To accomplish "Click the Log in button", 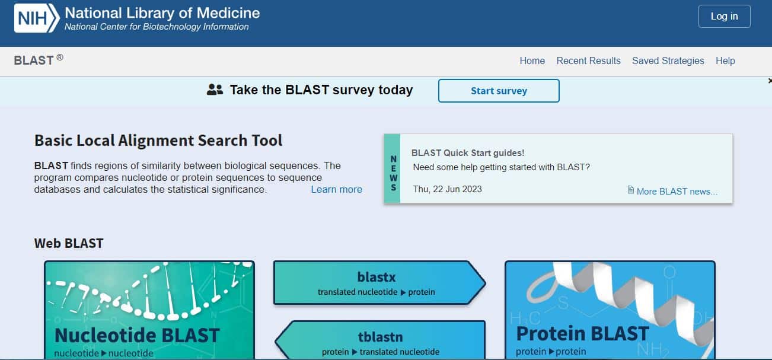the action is click(724, 16).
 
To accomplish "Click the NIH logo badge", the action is click(37, 18).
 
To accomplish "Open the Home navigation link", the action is click(532, 60).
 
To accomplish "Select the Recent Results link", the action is click(588, 60).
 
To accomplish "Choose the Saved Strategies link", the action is click(668, 60).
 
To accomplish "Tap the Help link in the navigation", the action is click(725, 60).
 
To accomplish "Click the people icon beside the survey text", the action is click(215, 90).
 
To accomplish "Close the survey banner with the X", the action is click(770, 81).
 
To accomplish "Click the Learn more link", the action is click(336, 189).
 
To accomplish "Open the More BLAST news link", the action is click(677, 192).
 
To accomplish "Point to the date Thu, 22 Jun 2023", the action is click(447, 189).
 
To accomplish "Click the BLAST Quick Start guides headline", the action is click(468, 153).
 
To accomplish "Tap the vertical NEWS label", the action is click(393, 173).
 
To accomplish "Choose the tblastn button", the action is click(381, 340).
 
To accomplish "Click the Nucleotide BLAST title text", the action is click(137, 335).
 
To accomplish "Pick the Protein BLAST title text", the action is click(582, 333).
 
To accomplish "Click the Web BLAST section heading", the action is click(69, 243).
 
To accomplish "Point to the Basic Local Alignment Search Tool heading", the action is click(158, 141).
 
